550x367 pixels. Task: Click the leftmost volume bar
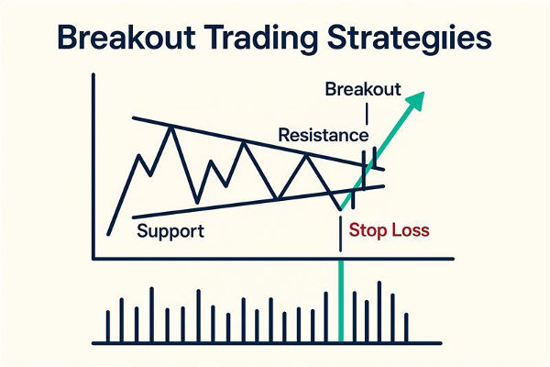(108, 326)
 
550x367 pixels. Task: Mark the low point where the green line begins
(340, 210)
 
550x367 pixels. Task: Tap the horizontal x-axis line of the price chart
(275, 258)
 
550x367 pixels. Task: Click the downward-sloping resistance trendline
(247, 142)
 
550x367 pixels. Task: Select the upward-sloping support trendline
(238, 204)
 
